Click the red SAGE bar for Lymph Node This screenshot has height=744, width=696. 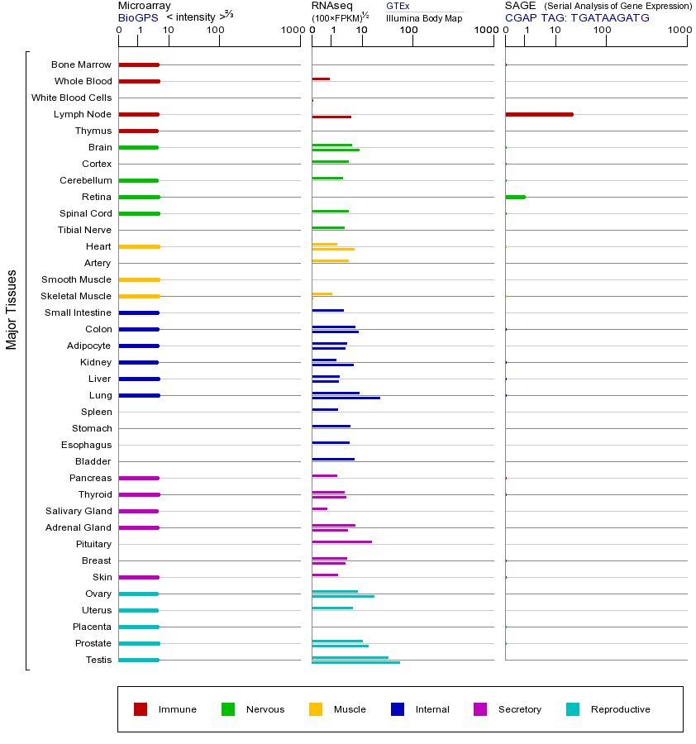tap(539, 114)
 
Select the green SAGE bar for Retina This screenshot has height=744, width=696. tap(515, 197)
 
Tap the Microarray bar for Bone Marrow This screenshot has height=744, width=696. tap(139, 64)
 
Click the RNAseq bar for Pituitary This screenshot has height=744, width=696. tap(341, 541)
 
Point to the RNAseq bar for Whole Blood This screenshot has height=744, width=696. tap(321, 79)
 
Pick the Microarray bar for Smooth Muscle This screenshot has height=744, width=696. tap(139, 279)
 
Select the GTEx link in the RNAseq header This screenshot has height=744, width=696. tap(398, 6)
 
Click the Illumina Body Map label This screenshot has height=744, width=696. tap(424, 17)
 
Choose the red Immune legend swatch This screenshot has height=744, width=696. tap(141, 709)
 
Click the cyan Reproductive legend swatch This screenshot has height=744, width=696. tap(573, 709)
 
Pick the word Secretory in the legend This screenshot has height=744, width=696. tap(519, 709)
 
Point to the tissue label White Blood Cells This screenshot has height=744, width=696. tap(71, 98)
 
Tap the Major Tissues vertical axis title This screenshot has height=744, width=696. tap(12, 309)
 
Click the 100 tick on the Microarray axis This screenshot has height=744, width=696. tap(216, 31)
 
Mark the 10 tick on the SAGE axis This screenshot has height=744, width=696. tap(555, 31)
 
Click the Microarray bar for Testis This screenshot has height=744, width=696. tap(139, 660)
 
